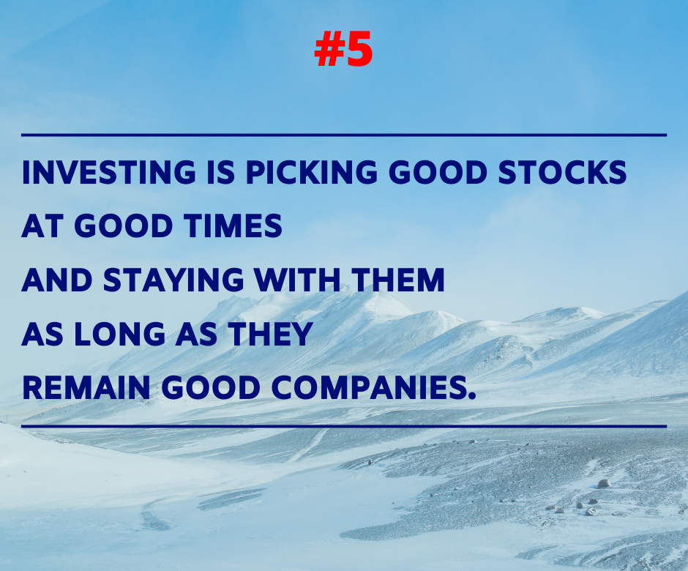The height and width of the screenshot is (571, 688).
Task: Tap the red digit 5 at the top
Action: (x=359, y=49)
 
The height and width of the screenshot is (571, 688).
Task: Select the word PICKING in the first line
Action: (x=311, y=171)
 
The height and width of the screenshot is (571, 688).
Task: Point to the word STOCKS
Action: (x=563, y=171)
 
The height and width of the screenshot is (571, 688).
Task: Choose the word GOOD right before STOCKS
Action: (x=438, y=171)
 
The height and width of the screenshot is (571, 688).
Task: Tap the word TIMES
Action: (x=233, y=226)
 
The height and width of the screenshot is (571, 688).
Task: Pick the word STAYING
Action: (x=173, y=280)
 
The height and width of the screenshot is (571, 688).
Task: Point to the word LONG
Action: (x=119, y=334)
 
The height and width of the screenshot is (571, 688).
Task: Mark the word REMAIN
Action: (x=86, y=388)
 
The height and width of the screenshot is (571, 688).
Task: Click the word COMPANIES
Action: (x=368, y=388)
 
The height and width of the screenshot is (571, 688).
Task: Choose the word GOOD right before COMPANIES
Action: (x=211, y=388)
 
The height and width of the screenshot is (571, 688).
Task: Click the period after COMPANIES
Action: (x=471, y=396)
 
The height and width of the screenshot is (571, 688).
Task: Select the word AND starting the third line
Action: (x=57, y=280)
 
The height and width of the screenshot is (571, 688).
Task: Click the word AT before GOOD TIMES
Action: (x=42, y=226)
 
